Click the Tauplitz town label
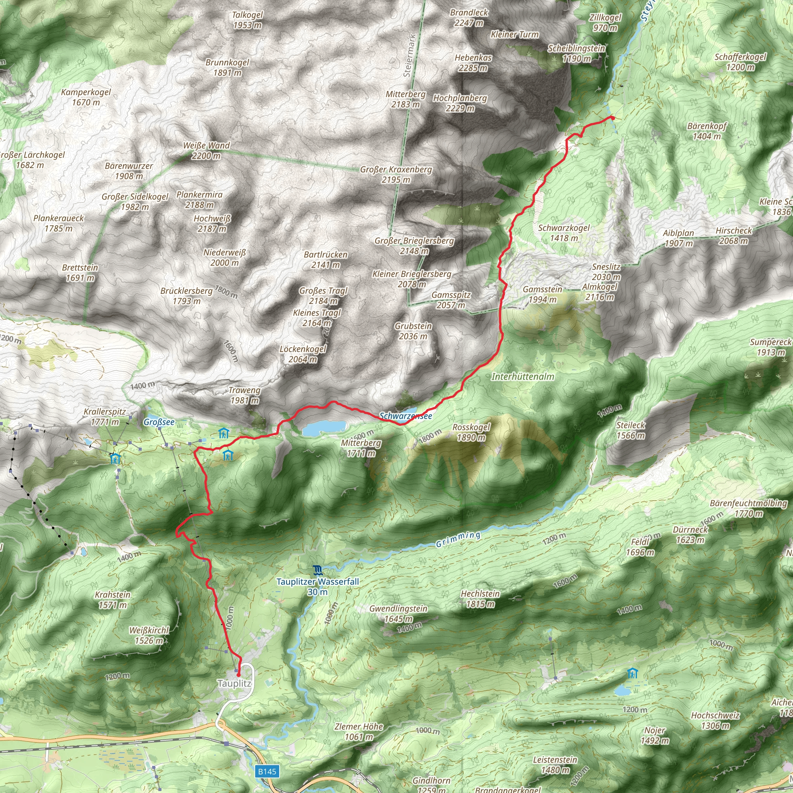[x=234, y=683]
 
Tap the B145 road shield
[x=267, y=771]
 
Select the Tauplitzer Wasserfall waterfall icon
[x=317, y=570]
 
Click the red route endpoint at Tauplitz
[x=238, y=675]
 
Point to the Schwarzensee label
[x=405, y=416]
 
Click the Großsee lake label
[x=159, y=422]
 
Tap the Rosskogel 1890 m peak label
[x=471, y=432]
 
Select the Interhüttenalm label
[x=522, y=376]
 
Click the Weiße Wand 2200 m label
[x=206, y=150]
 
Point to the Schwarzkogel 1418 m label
[x=564, y=233]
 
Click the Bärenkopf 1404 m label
[x=707, y=131]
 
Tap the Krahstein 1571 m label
[x=112, y=600]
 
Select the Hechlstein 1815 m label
[x=480, y=599]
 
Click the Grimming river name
[x=458, y=540]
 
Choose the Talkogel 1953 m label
[x=247, y=20]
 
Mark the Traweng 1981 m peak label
[x=245, y=395]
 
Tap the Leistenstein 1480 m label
[x=555, y=765]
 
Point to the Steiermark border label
[x=410, y=55]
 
